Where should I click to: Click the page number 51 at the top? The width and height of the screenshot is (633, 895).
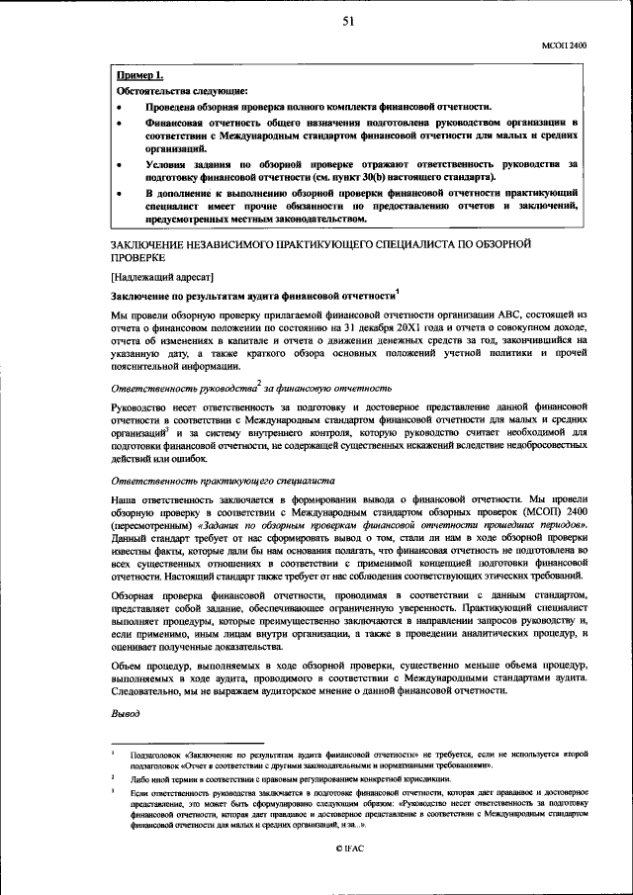pyautogui.click(x=349, y=24)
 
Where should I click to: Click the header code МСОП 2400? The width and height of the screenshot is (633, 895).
pyautogui.click(x=564, y=45)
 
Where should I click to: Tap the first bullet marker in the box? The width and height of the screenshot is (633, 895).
pyautogui.click(x=121, y=107)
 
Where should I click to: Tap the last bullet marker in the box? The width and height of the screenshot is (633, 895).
pyautogui.click(x=121, y=191)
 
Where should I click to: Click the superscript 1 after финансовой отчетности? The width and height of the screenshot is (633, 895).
pyautogui.click(x=396, y=291)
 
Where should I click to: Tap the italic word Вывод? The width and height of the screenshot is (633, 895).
pyautogui.click(x=126, y=712)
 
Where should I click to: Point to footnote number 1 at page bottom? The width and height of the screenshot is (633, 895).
pyautogui.click(x=114, y=753)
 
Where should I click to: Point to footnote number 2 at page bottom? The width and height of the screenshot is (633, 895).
pyautogui.click(x=114, y=777)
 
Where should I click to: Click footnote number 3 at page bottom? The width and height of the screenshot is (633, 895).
pyautogui.click(x=114, y=792)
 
